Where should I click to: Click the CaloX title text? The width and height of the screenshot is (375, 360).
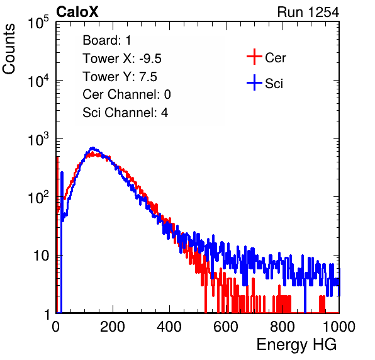77,12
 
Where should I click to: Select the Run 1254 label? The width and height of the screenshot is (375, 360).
308,12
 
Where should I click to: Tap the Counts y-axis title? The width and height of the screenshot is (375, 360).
9,49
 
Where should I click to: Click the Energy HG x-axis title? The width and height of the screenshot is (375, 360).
296,345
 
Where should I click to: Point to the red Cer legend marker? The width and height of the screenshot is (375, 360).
254,57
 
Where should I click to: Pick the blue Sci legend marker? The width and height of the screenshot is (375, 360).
254,82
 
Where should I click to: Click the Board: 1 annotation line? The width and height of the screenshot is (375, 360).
107,40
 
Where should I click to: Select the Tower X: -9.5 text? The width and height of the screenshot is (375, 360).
122,59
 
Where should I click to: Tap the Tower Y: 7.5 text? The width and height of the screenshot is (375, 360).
120,77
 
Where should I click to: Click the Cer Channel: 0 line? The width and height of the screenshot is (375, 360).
126,94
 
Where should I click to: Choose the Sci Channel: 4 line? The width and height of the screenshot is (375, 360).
125,113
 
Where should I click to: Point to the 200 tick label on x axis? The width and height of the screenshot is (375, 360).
113,327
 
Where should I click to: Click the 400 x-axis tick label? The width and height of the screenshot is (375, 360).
169,327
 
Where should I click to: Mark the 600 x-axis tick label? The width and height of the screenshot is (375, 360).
226,327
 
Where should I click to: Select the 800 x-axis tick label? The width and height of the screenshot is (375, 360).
283,327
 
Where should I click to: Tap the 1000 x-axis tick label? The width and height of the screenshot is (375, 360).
339,327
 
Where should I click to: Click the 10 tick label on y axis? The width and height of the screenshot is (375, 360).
41,256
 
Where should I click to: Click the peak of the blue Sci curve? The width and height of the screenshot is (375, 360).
93,148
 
